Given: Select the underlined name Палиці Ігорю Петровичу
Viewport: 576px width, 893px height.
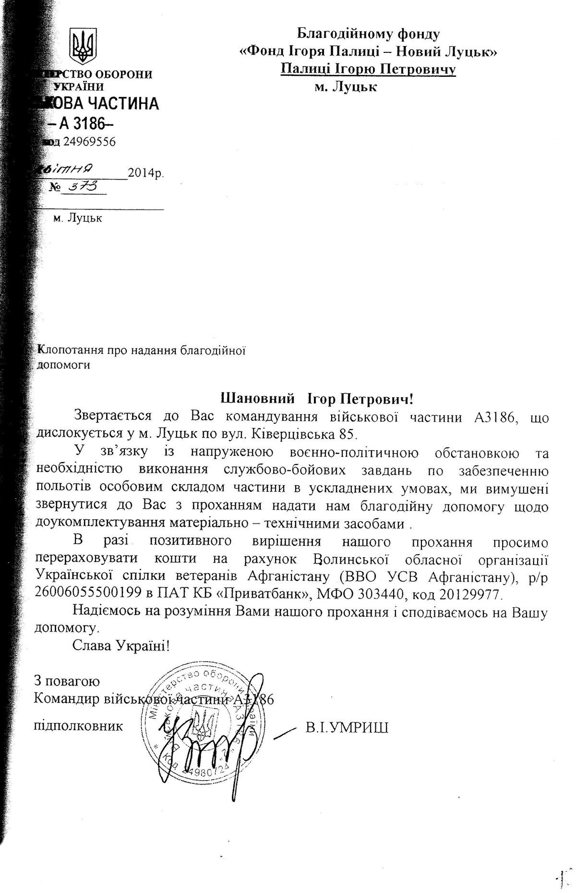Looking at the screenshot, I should point(368,69).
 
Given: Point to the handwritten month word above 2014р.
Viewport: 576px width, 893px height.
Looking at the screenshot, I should point(67,169).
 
